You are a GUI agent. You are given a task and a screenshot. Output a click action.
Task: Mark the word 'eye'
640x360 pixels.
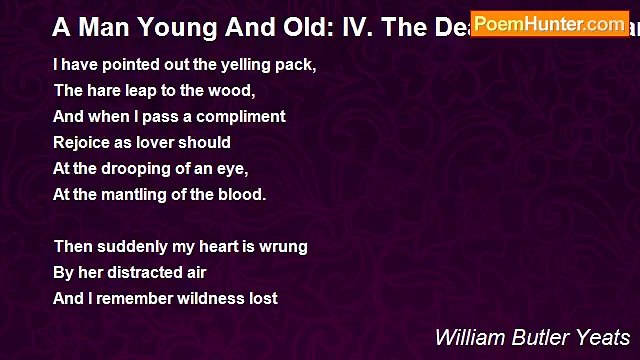click(x=233, y=169)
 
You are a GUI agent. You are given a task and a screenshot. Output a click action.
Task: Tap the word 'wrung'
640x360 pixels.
click(x=285, y=246)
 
